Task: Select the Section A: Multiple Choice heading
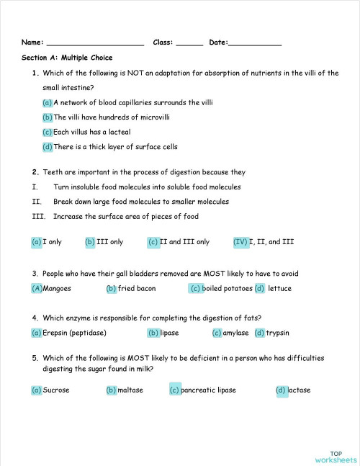[67, 58]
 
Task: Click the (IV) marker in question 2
[240, 242]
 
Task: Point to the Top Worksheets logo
[336, 453]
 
